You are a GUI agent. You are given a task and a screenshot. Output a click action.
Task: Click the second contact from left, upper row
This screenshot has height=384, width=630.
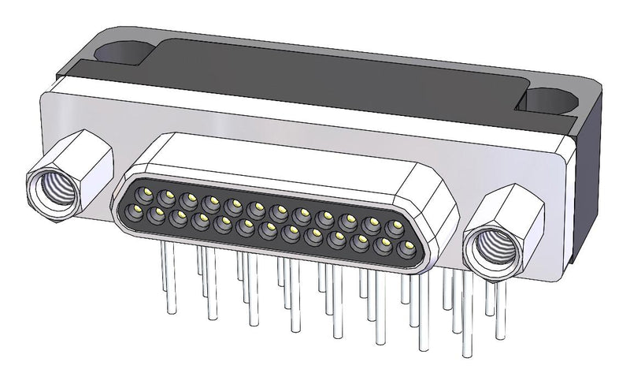click(166, 196)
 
